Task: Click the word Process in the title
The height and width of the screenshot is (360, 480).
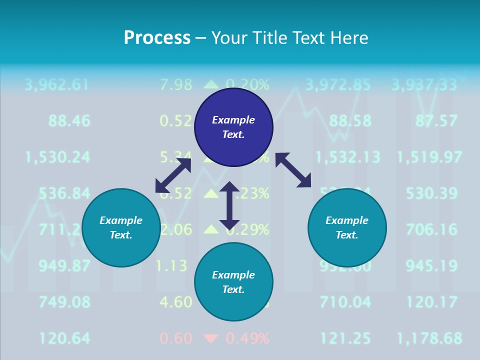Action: [157, 38]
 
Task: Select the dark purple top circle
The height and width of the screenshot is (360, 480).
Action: [233, 127]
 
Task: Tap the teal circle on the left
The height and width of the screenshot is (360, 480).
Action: [121, 227]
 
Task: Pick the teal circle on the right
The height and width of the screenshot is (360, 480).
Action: [347, 227]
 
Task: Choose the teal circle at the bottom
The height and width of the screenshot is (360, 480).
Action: [233, 282]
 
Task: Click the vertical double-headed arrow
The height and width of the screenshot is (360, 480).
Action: [229, 205]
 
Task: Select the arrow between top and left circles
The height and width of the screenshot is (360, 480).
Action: [173, 175]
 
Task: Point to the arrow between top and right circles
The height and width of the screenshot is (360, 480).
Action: [293, 170]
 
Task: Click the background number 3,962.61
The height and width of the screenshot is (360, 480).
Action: [56, 84]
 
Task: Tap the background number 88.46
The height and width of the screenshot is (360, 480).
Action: [69, 120]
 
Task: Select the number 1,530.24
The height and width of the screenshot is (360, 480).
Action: [58, 157]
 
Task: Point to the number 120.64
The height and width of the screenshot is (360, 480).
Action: [64, 338]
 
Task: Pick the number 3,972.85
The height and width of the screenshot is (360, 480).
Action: [338, 84]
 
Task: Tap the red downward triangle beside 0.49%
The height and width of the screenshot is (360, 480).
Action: [211, 339]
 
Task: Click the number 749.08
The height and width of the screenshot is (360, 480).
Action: [64, 302]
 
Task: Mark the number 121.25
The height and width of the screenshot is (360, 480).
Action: [345, 338]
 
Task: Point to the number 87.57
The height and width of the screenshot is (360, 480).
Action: [436, 120]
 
